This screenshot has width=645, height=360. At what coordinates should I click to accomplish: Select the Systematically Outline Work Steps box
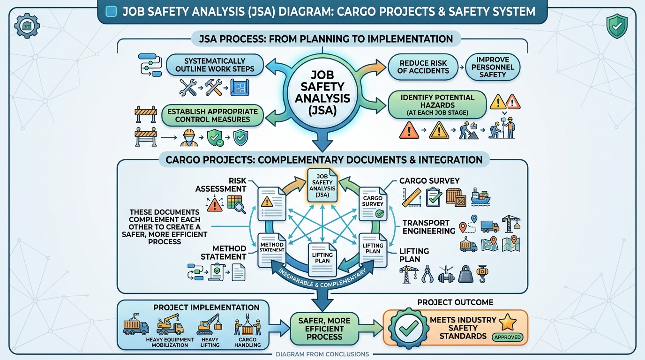click(x=215, y=65)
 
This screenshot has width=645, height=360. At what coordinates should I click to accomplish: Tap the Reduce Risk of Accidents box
click(x=423, y=67)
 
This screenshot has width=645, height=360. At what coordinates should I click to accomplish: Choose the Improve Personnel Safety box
click(x=493, y=67)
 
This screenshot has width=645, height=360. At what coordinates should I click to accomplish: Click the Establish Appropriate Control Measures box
click(x=212, y=115)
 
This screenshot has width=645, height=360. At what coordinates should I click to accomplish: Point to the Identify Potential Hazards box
click(x=437, y=105)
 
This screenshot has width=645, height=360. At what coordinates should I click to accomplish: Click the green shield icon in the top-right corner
click(x=617, y=26)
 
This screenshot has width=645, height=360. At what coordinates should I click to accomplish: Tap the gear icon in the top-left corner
click(x=27, y=26)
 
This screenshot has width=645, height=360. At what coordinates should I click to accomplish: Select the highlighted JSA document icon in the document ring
click(x=322, y=185)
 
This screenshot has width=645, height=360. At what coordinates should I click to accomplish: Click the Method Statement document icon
click(x=272, y=250)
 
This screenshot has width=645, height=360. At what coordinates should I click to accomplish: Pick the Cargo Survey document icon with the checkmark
click(x=373, y=204)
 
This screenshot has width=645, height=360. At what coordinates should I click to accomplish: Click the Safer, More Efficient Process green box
click(x=324, y=329)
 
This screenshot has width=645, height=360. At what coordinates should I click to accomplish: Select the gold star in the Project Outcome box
click(x=507, y=322)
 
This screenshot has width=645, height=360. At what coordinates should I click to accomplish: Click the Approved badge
click(x=507, y=337)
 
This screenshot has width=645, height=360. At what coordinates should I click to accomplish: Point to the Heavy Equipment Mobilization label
click(x=170, y=343)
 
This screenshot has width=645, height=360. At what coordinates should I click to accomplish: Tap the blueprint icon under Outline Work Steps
click(x=240, y=88)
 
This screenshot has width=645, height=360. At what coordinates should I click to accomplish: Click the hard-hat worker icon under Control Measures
click(x=189, y=138)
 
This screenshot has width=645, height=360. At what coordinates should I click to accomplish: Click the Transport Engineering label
click(x=429, y=227)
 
